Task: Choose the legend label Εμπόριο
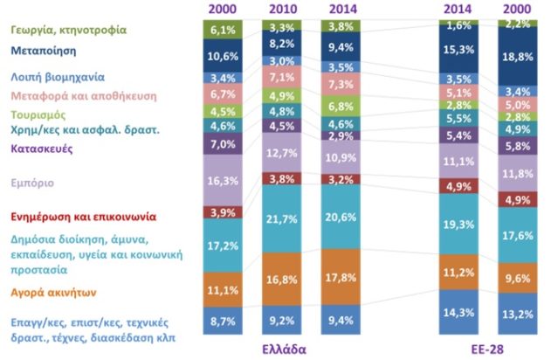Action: pos(32,183)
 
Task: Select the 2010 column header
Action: pos(281,8)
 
